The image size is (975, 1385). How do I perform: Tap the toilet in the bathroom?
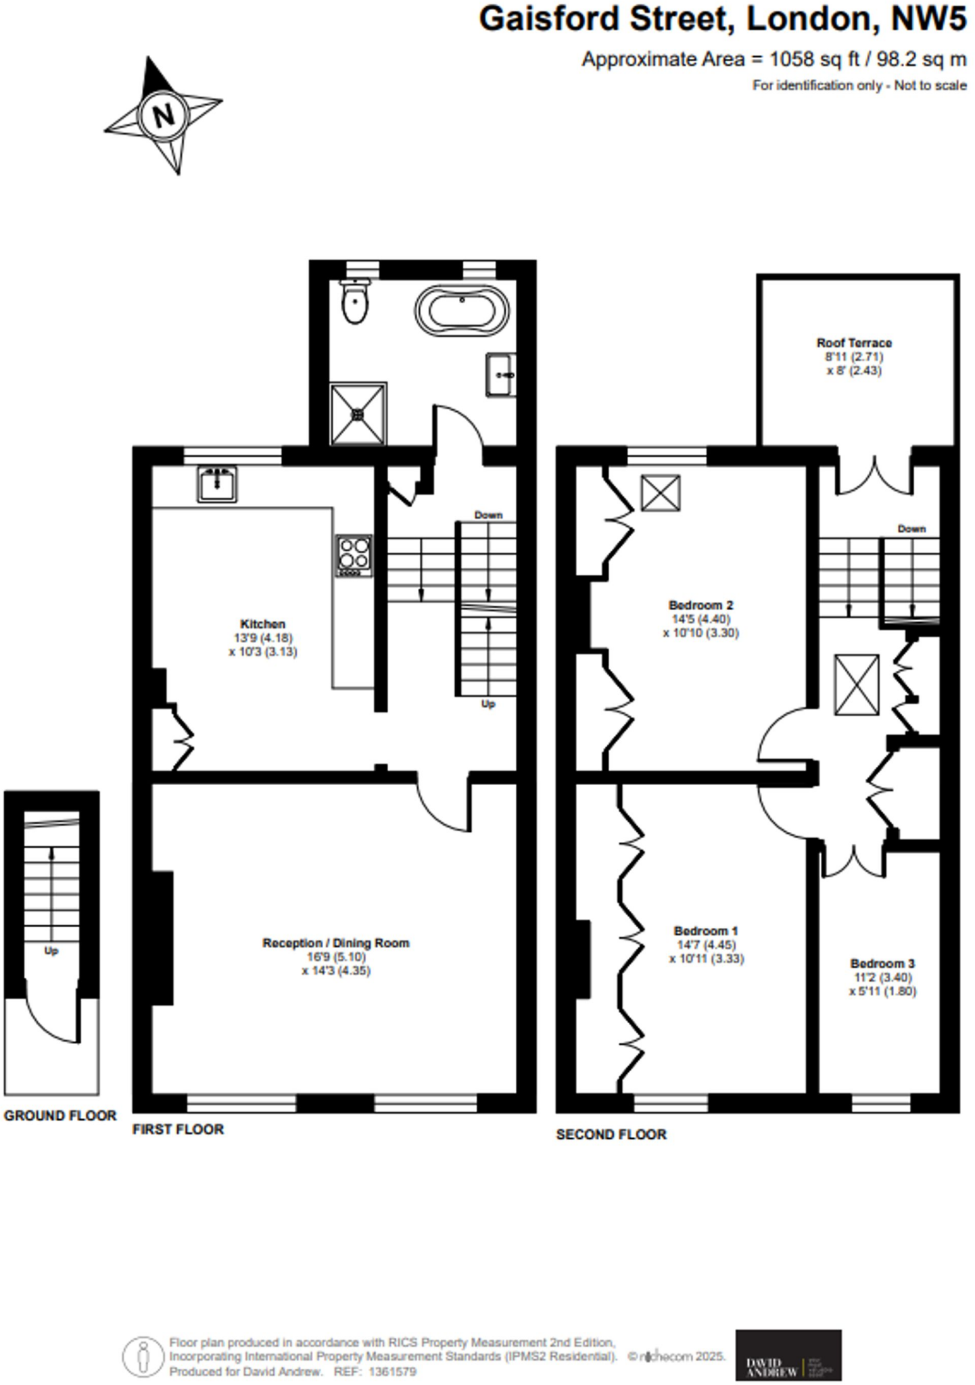(x=355, y=304)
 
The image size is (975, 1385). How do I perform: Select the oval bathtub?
(x=462, y=311)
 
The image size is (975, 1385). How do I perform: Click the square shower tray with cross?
(x=358, y=414)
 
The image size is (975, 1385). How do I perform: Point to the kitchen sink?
(x=217, y=484)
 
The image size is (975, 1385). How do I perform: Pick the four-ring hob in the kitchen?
(x=354, y=555)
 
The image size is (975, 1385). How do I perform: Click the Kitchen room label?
(x=263, y=624)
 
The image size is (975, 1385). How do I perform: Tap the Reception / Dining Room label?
(x=336, y=943)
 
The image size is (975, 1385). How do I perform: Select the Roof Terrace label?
(x=854, y=343)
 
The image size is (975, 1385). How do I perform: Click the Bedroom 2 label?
(x=700, y=605)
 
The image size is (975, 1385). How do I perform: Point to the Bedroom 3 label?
(x=882, y=963)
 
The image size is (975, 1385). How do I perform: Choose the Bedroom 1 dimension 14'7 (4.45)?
(x=707, y=945)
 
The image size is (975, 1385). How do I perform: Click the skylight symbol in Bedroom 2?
(x=661, y=492)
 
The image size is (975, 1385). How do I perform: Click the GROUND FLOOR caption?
(x=60, y=1116)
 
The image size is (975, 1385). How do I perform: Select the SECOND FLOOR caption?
(x=611, y=1135)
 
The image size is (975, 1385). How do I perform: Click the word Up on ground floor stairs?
(x=51, y=951)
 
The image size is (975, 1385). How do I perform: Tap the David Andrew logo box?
(x=788, y=1355)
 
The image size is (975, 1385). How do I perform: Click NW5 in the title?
(x=929, y=19)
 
